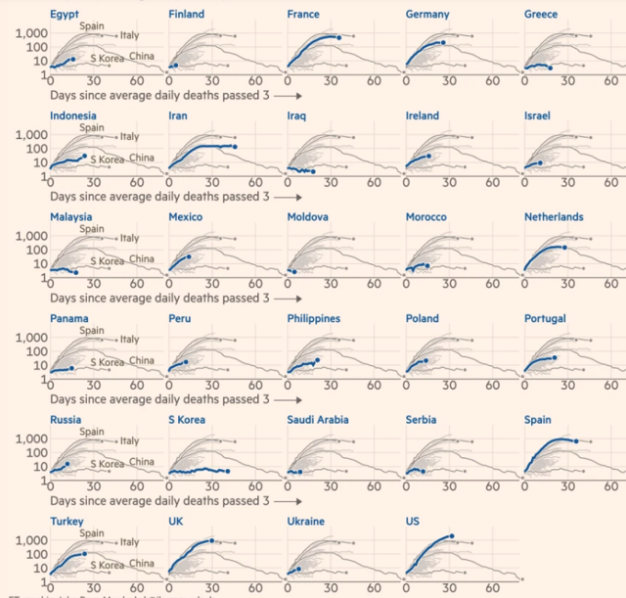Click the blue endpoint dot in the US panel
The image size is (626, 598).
pyautogui.click(x=452, y=536)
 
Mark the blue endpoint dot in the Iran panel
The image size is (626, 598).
pyautogui.click(x=235, y=147)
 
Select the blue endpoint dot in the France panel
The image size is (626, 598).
pyautogui.click(x=338, y=38)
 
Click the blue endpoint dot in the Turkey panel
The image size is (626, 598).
pyautogui.click(x=85, y=554)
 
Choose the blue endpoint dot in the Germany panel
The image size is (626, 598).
pyautogui.click(x=443, y=42)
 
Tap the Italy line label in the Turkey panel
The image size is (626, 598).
pyautogui.click(x=129, y=542)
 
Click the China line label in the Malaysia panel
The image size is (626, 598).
pyautogui.click(x=141, y=259)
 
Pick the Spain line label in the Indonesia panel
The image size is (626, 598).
pyautogui.click(x=92, y=128)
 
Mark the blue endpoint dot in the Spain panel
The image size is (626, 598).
pyautogui.click(x=576, y=441)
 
